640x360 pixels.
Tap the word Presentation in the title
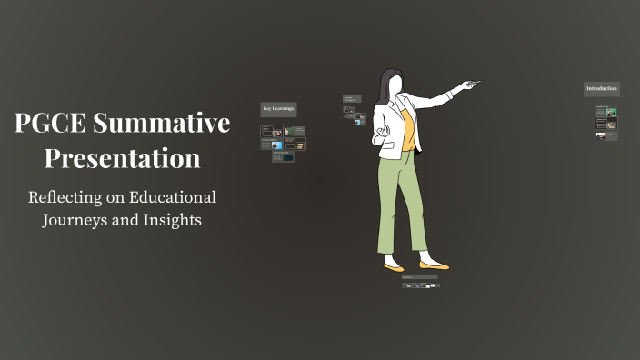point(123,158)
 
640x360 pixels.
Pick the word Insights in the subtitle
point(172,221)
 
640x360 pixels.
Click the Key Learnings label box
point(278,109)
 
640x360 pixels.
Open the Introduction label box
point(601,89)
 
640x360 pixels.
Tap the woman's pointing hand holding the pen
point(467,85)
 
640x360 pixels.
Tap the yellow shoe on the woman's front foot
point(434,265)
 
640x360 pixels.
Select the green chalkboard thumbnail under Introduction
point(612,114)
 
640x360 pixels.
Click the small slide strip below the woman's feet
point(420,285)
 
